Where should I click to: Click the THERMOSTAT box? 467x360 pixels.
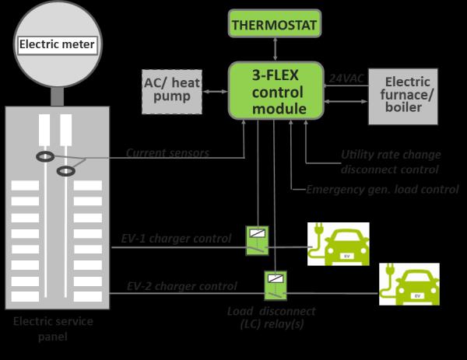click(x=276, y=25)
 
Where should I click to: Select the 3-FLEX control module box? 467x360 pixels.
click(x=276, y=90)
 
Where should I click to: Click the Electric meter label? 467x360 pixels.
click(x=57, y=45)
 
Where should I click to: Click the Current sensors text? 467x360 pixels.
click(x=167, y=153)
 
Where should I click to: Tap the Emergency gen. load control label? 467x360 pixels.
click(x=382, y=189)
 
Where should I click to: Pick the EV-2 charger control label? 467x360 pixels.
click(x=181, y=286)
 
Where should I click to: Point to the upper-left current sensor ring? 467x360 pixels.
click(x=44, y=157)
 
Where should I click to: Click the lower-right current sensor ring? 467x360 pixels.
click(x=68, y=170)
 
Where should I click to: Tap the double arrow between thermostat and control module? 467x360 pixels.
click(x=276, y=51)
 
